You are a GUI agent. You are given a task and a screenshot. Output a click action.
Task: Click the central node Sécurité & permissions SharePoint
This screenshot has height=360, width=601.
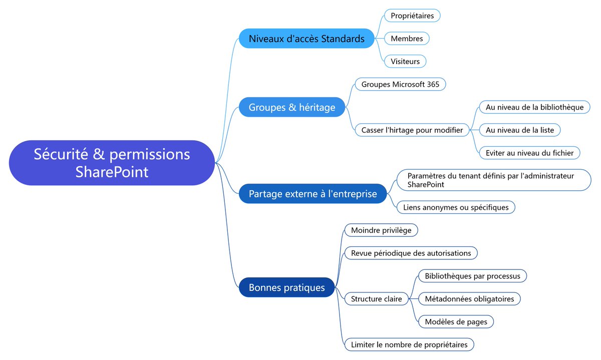[112, 163]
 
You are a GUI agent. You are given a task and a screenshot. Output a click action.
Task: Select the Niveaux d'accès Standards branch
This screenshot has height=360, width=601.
[307, 39]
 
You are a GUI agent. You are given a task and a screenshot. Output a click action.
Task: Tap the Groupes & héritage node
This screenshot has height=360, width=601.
[292, 107]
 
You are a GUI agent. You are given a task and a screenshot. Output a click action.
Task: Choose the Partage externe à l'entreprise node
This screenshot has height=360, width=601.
[313, 193]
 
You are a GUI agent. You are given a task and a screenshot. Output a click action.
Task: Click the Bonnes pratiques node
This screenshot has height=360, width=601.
[286, 287]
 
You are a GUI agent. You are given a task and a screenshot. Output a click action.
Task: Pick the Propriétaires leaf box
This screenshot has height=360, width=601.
[412, 16]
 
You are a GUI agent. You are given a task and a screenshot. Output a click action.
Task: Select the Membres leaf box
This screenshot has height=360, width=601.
[407, 39]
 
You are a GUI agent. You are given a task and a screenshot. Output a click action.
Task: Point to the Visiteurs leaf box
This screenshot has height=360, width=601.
[405, 62]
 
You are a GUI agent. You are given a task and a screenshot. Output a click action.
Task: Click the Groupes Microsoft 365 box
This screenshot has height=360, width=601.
[400, 84]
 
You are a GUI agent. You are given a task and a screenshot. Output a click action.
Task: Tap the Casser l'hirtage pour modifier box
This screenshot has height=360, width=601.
[412, 130]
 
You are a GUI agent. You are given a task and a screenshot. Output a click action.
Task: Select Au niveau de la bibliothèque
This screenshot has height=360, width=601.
[534, 107]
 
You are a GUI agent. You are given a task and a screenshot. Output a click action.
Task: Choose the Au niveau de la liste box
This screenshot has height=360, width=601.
[520, 130]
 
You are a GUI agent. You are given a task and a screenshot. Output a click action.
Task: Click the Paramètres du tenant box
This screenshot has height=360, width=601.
[494, 180]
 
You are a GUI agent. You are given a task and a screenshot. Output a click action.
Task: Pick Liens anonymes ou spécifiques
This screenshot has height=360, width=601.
[456, 207]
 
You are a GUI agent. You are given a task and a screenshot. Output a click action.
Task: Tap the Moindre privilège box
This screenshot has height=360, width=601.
[381, 230]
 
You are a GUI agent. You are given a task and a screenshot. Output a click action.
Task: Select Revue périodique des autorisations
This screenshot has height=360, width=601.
[411, 253]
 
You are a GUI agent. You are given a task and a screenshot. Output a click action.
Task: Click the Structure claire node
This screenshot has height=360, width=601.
[376, 299]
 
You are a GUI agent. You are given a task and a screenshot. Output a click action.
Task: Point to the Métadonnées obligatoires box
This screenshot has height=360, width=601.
[469, 299]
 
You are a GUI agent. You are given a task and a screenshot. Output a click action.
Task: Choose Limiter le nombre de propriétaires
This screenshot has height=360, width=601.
[409, 344]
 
